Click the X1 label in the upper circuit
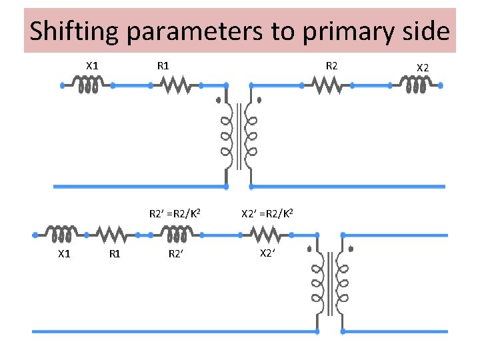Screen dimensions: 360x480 (x=93, y=65)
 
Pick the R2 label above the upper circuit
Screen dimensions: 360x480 (x=331, y=65)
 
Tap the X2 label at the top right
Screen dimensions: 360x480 (x=423, y=67)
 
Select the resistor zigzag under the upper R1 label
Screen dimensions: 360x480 (x=176, y=85)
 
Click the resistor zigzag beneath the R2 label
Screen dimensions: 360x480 (x=327, y=85)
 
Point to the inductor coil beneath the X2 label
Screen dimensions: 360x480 (x=415, y=85)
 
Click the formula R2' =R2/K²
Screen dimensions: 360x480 (x=175, y=214)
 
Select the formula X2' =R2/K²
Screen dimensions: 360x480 (x=265, y=214)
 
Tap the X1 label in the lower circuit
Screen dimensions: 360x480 (x=65, y=253)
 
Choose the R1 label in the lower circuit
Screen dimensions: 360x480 (x=115, y=253)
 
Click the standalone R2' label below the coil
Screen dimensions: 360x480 (x=176, y=253)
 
